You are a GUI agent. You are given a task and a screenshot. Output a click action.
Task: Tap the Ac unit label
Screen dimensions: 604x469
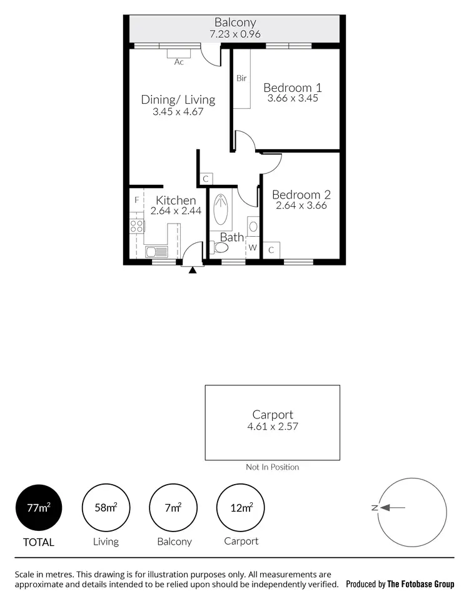tap(179, 62)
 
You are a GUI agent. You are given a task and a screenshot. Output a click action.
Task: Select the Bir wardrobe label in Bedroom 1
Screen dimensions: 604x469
tap(241, 79)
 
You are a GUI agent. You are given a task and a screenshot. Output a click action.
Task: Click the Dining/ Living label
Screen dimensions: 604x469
tap(178, 100)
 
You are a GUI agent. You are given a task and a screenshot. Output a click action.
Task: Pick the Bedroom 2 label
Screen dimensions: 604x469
tap(301, 194)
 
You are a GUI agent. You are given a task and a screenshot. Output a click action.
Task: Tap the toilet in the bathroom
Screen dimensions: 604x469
tap(219, 248)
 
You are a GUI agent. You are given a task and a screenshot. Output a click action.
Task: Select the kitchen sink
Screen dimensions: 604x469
tap(156, 252)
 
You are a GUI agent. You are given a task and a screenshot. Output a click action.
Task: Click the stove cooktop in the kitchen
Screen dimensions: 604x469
tap(136, 225)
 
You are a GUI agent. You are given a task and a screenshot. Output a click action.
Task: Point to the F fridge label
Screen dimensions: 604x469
tap(136, 201)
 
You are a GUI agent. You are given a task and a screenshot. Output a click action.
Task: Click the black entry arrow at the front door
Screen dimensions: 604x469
tap(193, 270)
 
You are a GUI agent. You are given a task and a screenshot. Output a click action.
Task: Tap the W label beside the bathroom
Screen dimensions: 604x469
tap(253, 248)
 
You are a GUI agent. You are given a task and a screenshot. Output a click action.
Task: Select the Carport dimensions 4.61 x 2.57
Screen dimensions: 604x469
tap(273, 427)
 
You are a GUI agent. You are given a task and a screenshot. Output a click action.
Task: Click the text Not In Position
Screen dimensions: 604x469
tap(273, 467)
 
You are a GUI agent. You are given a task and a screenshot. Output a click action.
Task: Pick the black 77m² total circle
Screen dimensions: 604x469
tap(39, 507)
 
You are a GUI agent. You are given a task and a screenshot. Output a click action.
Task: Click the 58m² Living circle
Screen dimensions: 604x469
tap(106, 507)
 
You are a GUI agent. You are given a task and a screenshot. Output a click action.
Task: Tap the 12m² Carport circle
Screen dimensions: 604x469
tap(241, 507)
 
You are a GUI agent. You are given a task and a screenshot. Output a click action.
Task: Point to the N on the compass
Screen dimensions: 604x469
tap(374, 508)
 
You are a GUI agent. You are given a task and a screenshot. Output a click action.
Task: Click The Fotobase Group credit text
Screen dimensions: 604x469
tap(421, 585)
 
